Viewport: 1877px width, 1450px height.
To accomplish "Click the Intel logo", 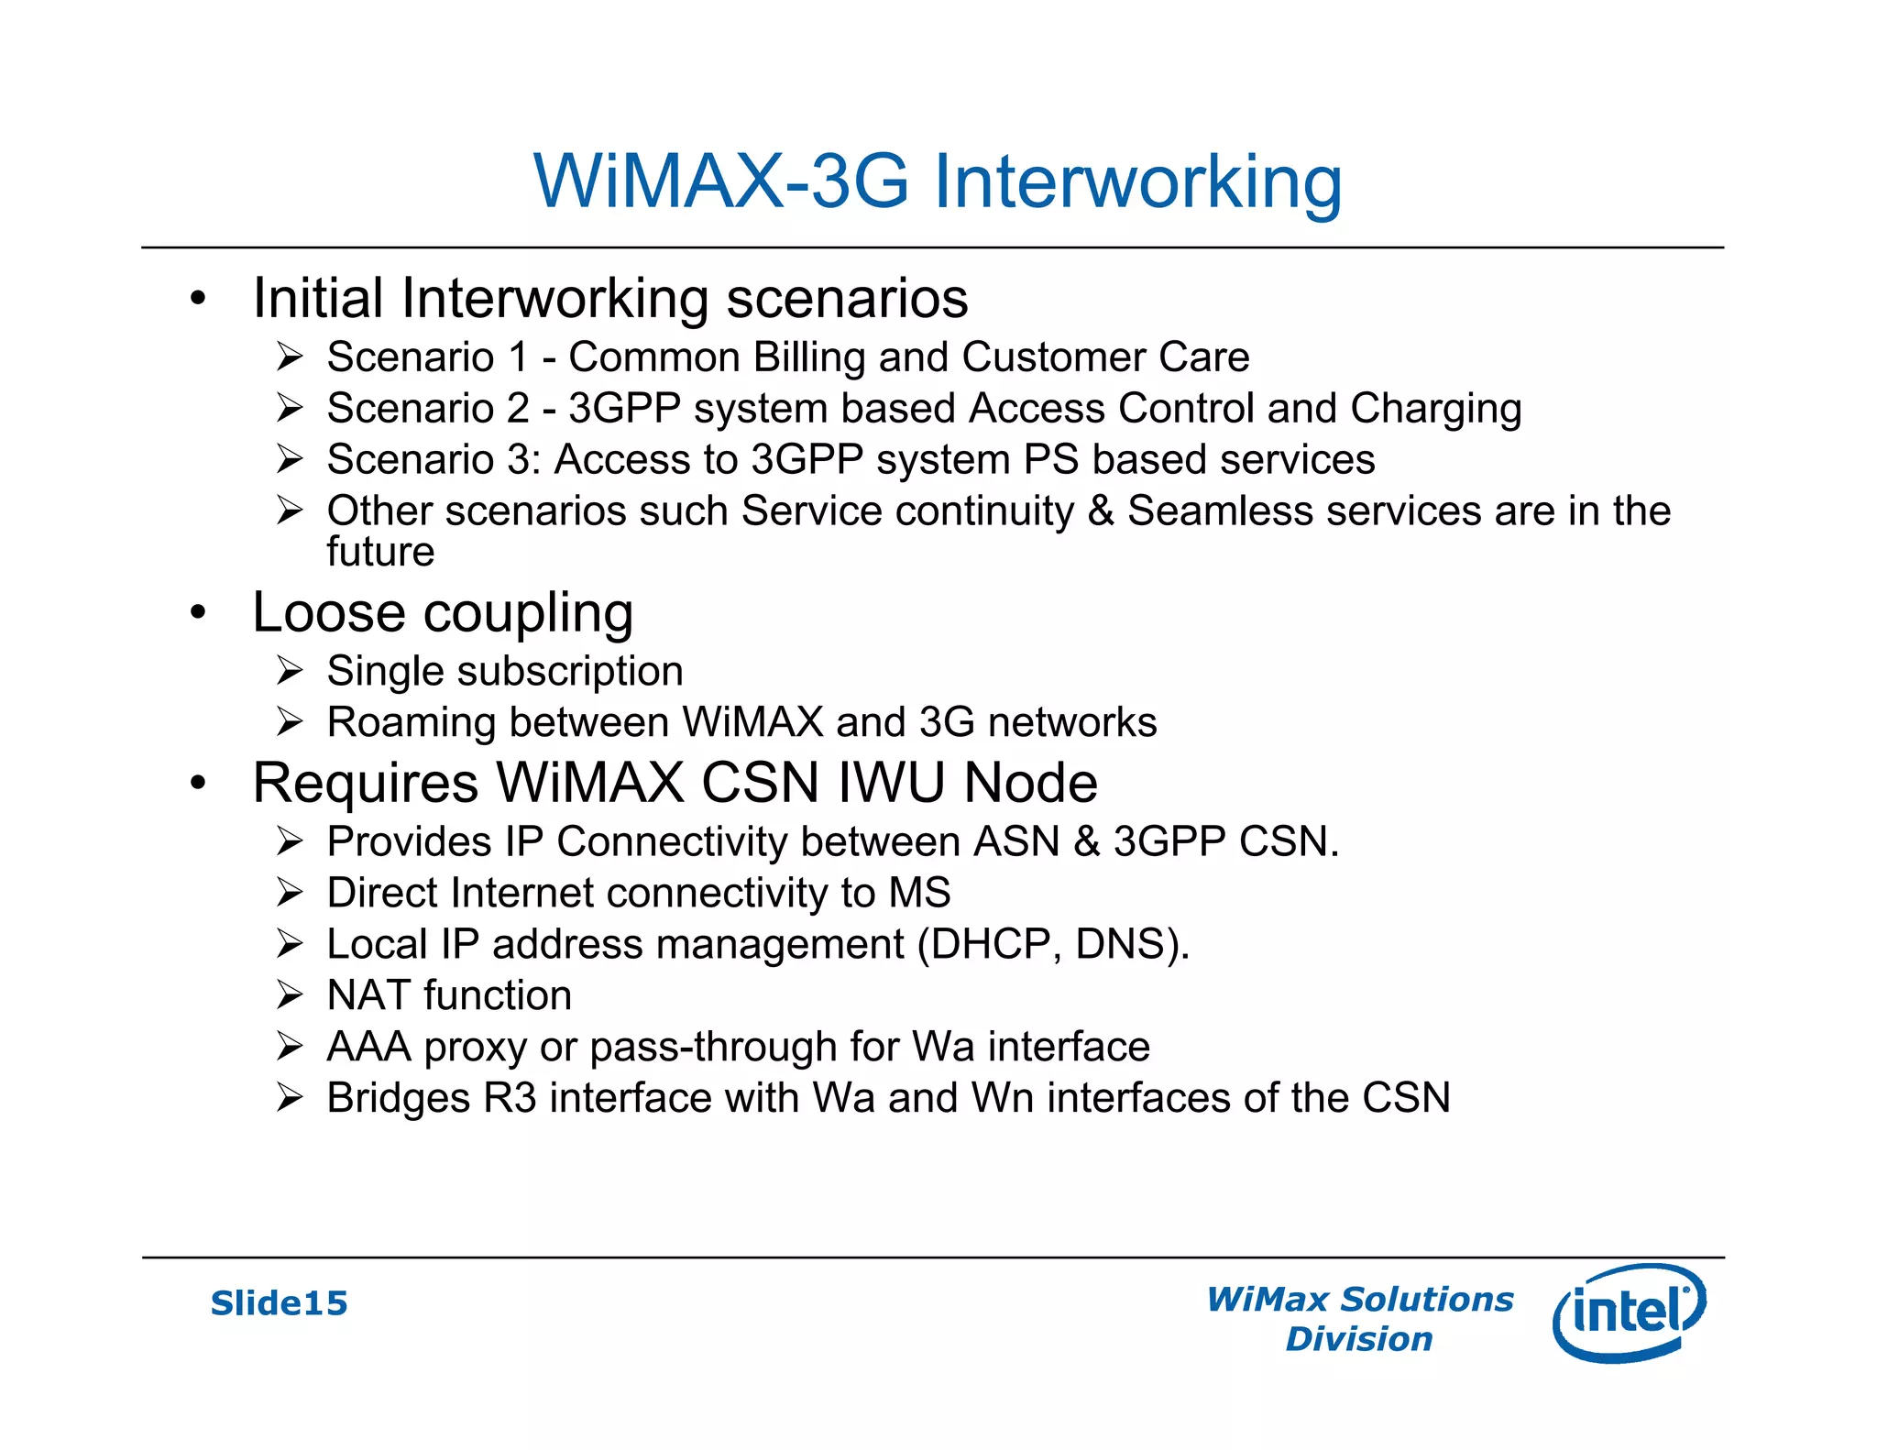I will tap(1629, 1312).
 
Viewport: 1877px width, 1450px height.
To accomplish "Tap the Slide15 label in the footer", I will tap(280, 1303).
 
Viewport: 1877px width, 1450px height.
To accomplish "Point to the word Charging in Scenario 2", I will tap(1435, 409).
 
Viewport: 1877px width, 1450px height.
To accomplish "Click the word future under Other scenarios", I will tap(380, 552).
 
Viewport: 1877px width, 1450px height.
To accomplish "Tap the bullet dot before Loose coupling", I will tap(198, 612).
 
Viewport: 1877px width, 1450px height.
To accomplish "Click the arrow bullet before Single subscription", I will tap(290, 671).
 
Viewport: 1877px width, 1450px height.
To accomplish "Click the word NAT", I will tap(368, 995).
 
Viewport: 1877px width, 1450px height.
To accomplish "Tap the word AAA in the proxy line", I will tap(368, 1047).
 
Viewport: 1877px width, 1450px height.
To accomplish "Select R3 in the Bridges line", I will tap(510, 1098).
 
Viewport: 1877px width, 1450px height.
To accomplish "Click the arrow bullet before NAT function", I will tap(290, 995).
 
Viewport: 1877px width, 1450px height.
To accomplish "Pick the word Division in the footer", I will tap(1358, 1339).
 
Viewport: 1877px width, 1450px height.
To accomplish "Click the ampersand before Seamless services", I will tap(1100, 511).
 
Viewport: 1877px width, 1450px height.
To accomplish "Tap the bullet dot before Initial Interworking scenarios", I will tap(198, 299).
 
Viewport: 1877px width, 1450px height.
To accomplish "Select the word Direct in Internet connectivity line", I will tap(382, 893).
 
